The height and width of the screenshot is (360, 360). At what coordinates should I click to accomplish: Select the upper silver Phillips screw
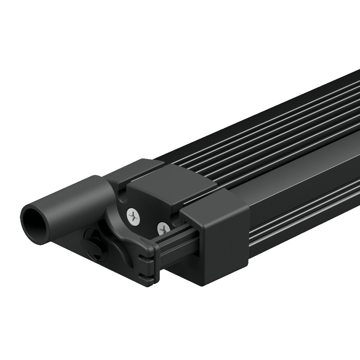pos(134,216)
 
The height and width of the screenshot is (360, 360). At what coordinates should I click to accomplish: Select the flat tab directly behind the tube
pos(133,169)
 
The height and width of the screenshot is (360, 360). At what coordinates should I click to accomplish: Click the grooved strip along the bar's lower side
pos(306,220)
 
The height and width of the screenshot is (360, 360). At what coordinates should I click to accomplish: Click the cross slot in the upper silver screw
pos(134,216)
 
